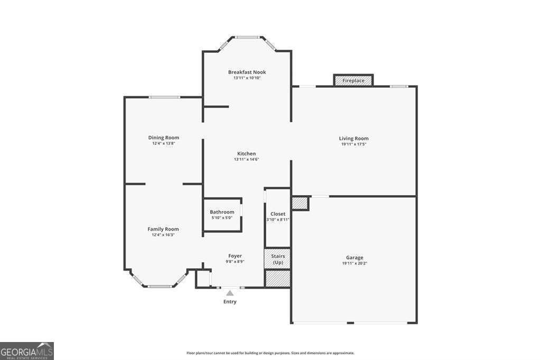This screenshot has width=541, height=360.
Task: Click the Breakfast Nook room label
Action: pyautogui.click(x=247, y=72)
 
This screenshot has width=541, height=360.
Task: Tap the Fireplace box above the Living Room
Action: pyautogui.click(x=353, y=80)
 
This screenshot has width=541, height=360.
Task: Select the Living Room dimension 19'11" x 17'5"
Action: pyautogui.click(x=353, y=144)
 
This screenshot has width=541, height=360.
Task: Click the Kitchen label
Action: pyautogui.click(x=246, y=154)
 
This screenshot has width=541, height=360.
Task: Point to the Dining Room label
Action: pyautogui.click(x=164, y=137)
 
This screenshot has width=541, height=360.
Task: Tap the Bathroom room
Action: pyautogui.click(x=222, y=215)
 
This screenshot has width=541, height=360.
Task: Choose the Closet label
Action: pyautogui.click(x=278, y=214)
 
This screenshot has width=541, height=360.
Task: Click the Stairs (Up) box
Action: pyautogui.click(x=277, y=259)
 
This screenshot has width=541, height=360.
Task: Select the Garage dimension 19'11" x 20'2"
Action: pyautogui.click(x=355, y=263)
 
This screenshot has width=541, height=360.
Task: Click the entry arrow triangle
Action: pyautogui.click(x=230, y=293)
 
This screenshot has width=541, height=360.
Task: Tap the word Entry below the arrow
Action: pyautogui.click(x=230, y=302)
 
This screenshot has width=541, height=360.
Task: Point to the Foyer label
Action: pyautogui.click(x=235, y=256)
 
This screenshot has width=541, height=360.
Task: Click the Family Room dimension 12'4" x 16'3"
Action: pyautogui.click(x=163, y=235)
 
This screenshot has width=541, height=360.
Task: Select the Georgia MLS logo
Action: pyautogui.click(x=27, y=351)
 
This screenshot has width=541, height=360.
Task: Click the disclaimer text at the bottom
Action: pyautogui.click(x=270, y=353)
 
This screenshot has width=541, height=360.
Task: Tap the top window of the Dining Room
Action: pyautogui.click(x=164, y=97)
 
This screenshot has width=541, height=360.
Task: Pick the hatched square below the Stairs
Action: pyautogui.click(x=277, y=278)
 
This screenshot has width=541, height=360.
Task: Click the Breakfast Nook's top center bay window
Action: pyautogui.click(x=247, y=37)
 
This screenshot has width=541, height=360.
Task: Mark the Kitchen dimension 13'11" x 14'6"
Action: pyautogui.click(x=246, y=160)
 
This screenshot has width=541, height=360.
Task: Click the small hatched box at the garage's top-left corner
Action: pyautogui.click(x=300, y=203)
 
